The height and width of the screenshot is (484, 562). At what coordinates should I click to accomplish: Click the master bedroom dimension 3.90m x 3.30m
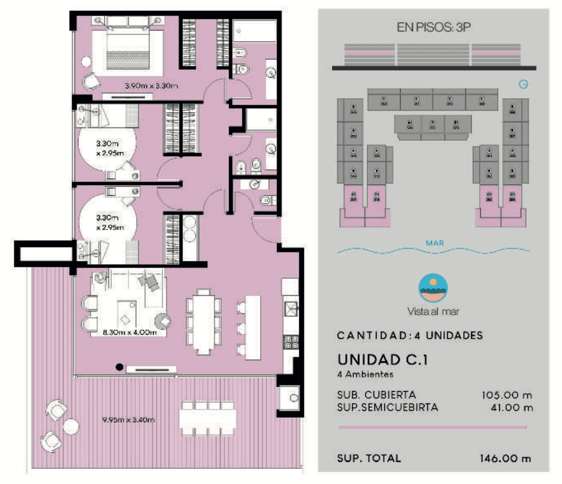[x=151, y=86]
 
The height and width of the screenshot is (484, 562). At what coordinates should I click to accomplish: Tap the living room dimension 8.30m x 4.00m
[x=129, y=332]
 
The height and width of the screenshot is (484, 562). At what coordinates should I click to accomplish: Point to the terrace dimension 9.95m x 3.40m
[x=128, y=420]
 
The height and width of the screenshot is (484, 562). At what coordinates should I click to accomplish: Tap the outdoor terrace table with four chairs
[x=207, y=418]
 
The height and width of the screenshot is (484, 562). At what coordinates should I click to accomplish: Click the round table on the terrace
[x=71, y=426]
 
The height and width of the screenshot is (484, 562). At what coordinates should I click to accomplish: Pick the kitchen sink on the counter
[x=290, y=308]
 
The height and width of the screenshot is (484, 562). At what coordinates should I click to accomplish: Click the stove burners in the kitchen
[x=290, y=343]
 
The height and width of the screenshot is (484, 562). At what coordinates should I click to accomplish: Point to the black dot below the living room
[x=119, y=367]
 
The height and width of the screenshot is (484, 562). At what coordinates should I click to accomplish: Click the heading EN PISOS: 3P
[x=433, y=27]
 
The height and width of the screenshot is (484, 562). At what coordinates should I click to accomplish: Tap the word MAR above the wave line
[x=435, y=243]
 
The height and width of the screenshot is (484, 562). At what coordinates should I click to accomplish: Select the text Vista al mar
[x=433, y=312]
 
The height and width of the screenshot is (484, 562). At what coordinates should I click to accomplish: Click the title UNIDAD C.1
[x=382, y=360]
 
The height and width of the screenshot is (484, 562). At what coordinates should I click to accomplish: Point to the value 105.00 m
[x=507, y=395]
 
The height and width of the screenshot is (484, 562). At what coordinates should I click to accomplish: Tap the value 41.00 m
[x=511, y=408]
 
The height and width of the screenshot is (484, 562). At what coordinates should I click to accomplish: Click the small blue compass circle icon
[x=524, y=84]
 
